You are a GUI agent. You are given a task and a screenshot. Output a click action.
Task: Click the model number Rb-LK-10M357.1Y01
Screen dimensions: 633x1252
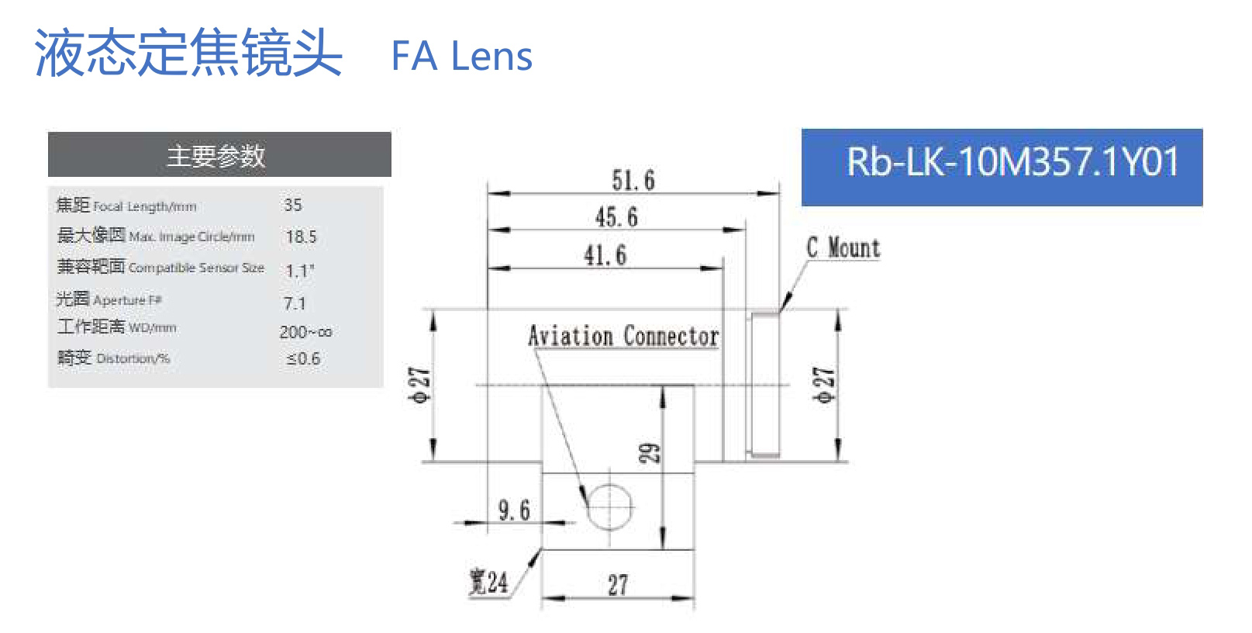click(x=1012, y=163)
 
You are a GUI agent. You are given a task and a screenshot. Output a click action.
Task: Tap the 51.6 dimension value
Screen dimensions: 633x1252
click(x=633, y=181)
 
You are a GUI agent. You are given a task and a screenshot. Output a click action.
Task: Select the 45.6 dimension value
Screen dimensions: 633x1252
click(x=616, y=217)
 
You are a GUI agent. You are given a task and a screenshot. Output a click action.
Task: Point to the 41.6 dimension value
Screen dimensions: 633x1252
click(x=605, y=255)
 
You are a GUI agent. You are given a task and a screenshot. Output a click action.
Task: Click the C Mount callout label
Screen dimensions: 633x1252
click(x=843, y=248)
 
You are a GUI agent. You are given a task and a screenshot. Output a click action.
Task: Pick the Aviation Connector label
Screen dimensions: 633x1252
click(x=623, y=336)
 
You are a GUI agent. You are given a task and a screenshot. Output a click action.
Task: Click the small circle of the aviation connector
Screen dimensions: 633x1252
click(x=610, y=507)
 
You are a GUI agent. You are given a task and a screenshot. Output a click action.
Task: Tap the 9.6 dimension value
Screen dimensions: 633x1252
click(x=514, y=510)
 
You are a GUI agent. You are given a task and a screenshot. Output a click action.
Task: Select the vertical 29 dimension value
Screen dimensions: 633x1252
click(x=650, y=453)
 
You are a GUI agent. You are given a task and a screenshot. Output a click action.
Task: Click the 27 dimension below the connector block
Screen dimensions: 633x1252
click(x=618, y=585)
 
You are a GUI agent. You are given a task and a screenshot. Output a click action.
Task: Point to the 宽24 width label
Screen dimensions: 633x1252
click(x=488, y=582)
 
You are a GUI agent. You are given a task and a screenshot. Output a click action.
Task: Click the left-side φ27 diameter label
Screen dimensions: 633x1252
click(x=419, y=385)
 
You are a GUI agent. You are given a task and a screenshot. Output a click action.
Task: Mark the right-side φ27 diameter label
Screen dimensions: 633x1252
click(x=824, y=385)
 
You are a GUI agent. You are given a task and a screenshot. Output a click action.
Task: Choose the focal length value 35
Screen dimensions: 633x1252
click(x=293, y=206)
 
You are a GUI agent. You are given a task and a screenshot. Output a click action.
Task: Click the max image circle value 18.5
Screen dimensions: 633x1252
click(x=301, y=237)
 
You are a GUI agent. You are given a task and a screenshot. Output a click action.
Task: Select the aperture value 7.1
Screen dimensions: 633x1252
click(x=295, y=303)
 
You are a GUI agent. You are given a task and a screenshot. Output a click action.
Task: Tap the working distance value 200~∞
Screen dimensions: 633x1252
click(x=305, y=332)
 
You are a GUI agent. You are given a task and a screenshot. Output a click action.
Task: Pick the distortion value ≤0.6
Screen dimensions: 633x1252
click(x=303, y=359)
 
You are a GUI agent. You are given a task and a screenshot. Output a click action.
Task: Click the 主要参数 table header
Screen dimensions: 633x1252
click(x=216, y=156)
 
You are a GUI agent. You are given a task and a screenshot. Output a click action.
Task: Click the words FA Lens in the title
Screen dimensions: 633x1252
click(x=461, y=57)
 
